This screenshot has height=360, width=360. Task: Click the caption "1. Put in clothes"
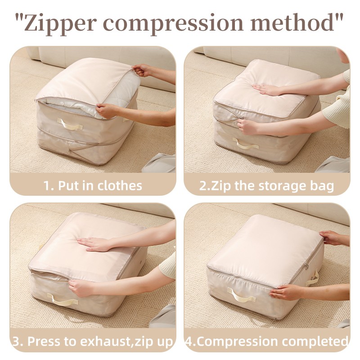pos(93,185)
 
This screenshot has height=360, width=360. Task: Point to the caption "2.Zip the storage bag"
pos(267,185)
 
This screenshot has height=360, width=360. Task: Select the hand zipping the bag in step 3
pos(82,288)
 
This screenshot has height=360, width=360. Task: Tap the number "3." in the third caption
pos(18,341)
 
